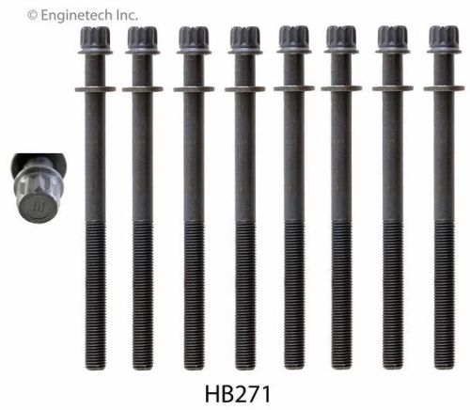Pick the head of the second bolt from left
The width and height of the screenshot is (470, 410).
click(x=143, y=39)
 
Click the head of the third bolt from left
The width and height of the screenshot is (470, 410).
click(x=194, y=39)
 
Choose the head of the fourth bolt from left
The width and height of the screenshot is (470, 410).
click(x=244, y=39)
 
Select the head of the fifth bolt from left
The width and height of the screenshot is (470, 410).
click(x=293, y=39)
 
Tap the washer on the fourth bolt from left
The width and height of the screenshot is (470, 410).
click(x=244, y=89)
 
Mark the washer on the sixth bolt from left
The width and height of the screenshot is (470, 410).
click(x=340, y=89)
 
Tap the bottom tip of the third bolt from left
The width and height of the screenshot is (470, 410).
click(x=194, y=362)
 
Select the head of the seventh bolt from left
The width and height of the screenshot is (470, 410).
click(x=392, y=39)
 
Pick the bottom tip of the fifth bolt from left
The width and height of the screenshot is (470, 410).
click(x=293, y=362)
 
